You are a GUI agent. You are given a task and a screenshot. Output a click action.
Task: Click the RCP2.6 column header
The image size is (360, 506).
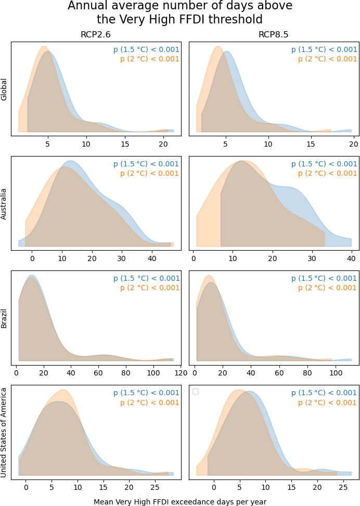click(x=96, y=34)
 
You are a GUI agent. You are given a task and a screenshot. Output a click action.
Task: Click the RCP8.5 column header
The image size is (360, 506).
click(x=274, y=34)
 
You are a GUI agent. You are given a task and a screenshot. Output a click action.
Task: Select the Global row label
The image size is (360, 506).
click(x=4, y=89)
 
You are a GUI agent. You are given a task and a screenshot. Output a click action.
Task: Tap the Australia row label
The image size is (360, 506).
click(x=4, y=204)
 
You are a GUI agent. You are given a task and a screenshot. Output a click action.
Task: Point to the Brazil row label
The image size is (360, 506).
click(x=4, y=318)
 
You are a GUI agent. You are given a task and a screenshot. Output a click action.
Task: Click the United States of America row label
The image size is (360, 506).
click(x=4, y=433)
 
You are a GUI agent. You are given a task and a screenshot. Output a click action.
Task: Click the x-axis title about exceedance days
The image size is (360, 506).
click(x=180, y=502)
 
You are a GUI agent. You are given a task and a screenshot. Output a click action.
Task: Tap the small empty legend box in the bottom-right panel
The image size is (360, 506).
click(x=195, y=392)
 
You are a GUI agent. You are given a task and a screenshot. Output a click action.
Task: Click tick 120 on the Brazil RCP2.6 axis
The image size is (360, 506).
click(x=181, y=373)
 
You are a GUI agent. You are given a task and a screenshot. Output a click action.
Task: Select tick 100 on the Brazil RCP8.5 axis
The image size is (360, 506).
click(x=336, y=373)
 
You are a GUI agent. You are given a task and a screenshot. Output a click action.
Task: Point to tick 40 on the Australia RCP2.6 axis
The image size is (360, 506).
click(x=152, y=258)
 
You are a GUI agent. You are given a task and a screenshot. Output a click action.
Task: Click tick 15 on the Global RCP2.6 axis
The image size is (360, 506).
click(x=125, y=144)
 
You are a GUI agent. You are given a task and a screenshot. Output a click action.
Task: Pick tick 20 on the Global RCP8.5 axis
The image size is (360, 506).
click(x=354, y=144)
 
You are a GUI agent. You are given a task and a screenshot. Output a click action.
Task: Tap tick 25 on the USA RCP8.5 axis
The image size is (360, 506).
click(x=343, y=487)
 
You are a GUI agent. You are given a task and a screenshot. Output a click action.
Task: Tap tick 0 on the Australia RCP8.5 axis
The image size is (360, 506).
click(x=194, y=258)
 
